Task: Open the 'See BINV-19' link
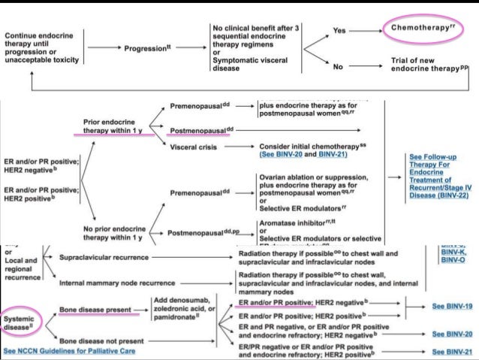click(x=454, y=307)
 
